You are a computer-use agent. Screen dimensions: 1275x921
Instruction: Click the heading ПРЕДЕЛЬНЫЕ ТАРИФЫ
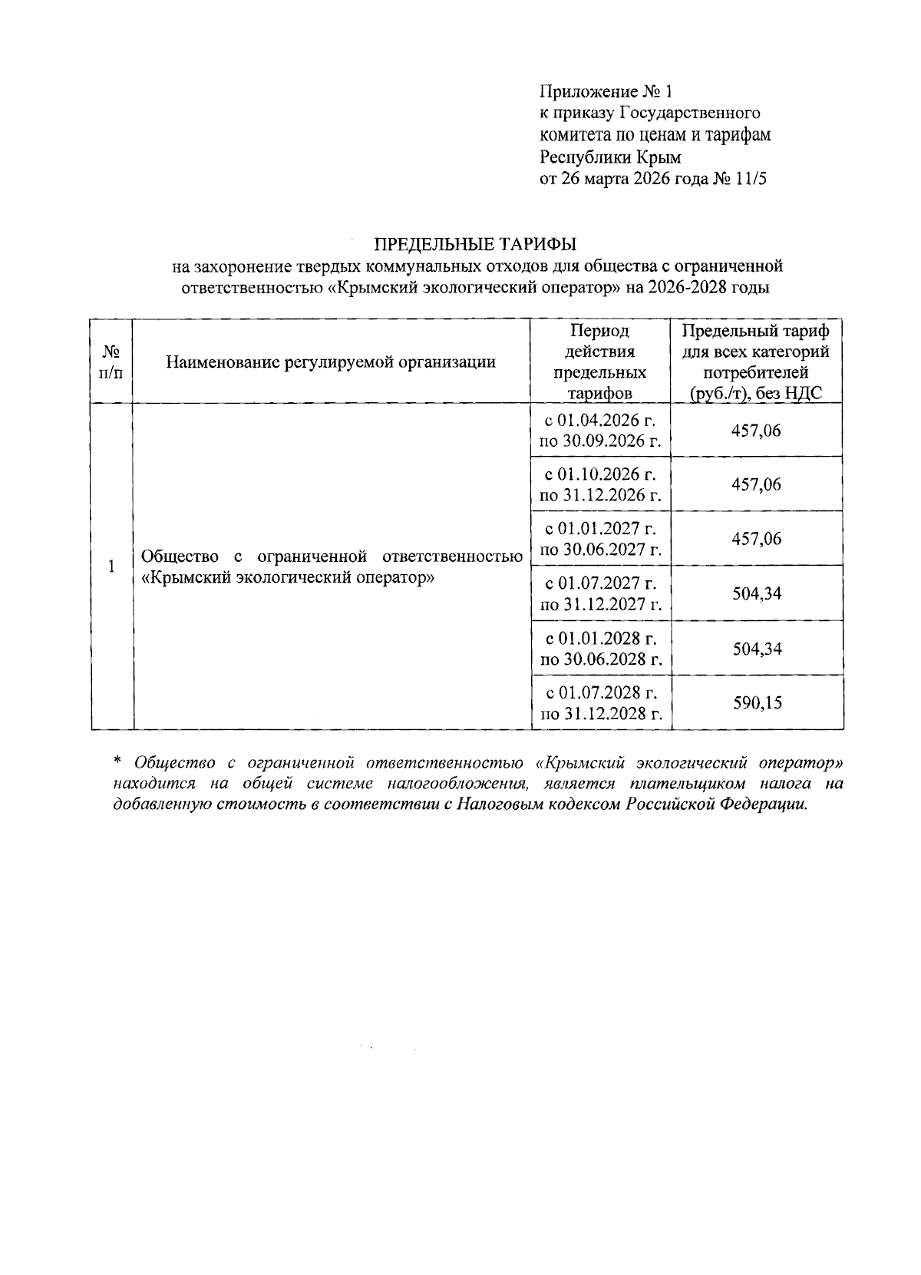tap(474, 244)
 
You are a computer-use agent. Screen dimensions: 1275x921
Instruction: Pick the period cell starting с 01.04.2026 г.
tap(601, 431)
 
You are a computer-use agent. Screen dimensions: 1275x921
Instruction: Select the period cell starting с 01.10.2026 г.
tap(601, 484)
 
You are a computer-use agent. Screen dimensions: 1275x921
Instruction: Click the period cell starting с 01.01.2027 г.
tap(601, 539)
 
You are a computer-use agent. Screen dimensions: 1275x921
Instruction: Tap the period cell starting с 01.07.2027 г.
tap(601, 593)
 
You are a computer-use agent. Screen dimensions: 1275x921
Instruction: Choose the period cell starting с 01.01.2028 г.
tap(601, 648)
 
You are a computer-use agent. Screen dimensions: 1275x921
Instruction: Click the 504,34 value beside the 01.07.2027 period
tap(757, 593)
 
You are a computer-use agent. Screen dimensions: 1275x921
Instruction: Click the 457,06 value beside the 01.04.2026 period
tap(757, 431)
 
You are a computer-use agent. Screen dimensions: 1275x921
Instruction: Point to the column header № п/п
tap(111, 362)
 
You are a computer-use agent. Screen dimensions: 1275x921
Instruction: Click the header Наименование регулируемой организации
tap(331, 362)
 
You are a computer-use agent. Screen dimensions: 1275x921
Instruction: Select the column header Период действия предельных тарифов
tap(599, 362)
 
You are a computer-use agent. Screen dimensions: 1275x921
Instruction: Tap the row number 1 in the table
tap(111, 566)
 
